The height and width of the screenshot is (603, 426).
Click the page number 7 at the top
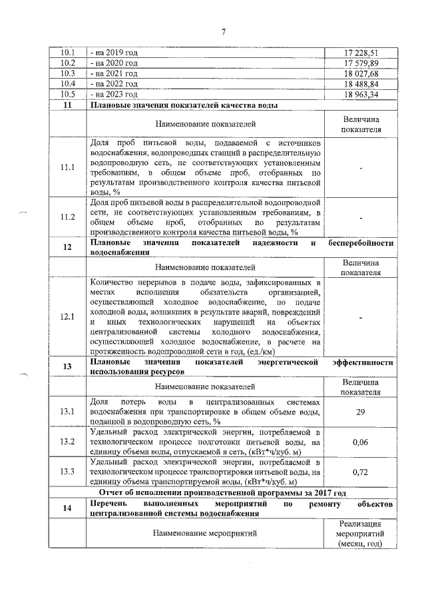point(224,31)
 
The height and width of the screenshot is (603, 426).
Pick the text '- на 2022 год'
point(114,85)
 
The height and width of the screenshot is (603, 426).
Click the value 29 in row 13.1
point(360,412)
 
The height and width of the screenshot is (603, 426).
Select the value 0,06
point(360,442)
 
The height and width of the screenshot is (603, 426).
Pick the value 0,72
point(360,472)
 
